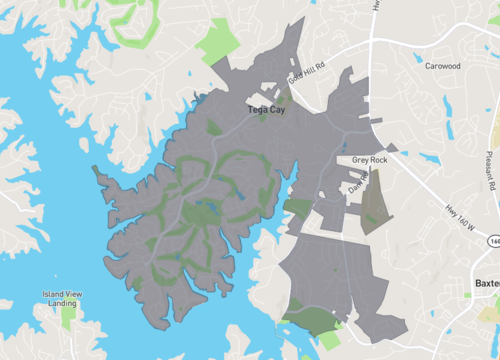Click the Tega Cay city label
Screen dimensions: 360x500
click(265, 110)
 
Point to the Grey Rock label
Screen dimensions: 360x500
click(368, 160)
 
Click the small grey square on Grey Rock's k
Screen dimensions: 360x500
click(392, 147)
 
